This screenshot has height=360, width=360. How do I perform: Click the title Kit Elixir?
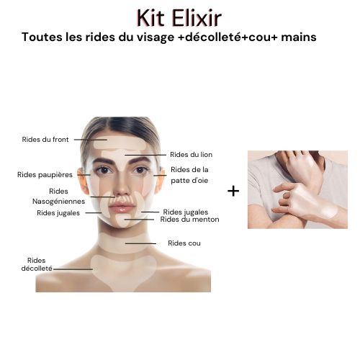179,18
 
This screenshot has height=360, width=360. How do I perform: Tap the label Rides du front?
45,140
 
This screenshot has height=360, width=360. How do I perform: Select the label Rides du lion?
191,155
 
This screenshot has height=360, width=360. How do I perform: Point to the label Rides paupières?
45,175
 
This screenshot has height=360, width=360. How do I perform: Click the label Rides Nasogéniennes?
58,197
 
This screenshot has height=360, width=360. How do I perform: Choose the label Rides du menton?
189,220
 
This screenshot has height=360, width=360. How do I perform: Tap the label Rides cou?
184,243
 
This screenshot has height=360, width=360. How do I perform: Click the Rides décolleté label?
37,264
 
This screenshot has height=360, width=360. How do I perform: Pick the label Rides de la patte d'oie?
189,175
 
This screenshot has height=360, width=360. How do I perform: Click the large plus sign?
233,192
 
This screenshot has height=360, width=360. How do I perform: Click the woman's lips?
122,207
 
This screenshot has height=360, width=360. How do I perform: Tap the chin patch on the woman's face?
123,220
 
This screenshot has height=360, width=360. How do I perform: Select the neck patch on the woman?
125,243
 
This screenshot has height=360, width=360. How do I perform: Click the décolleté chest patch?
124,272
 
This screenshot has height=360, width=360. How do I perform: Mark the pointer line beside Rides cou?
140,243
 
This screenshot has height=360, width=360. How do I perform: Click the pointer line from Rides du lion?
145,155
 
